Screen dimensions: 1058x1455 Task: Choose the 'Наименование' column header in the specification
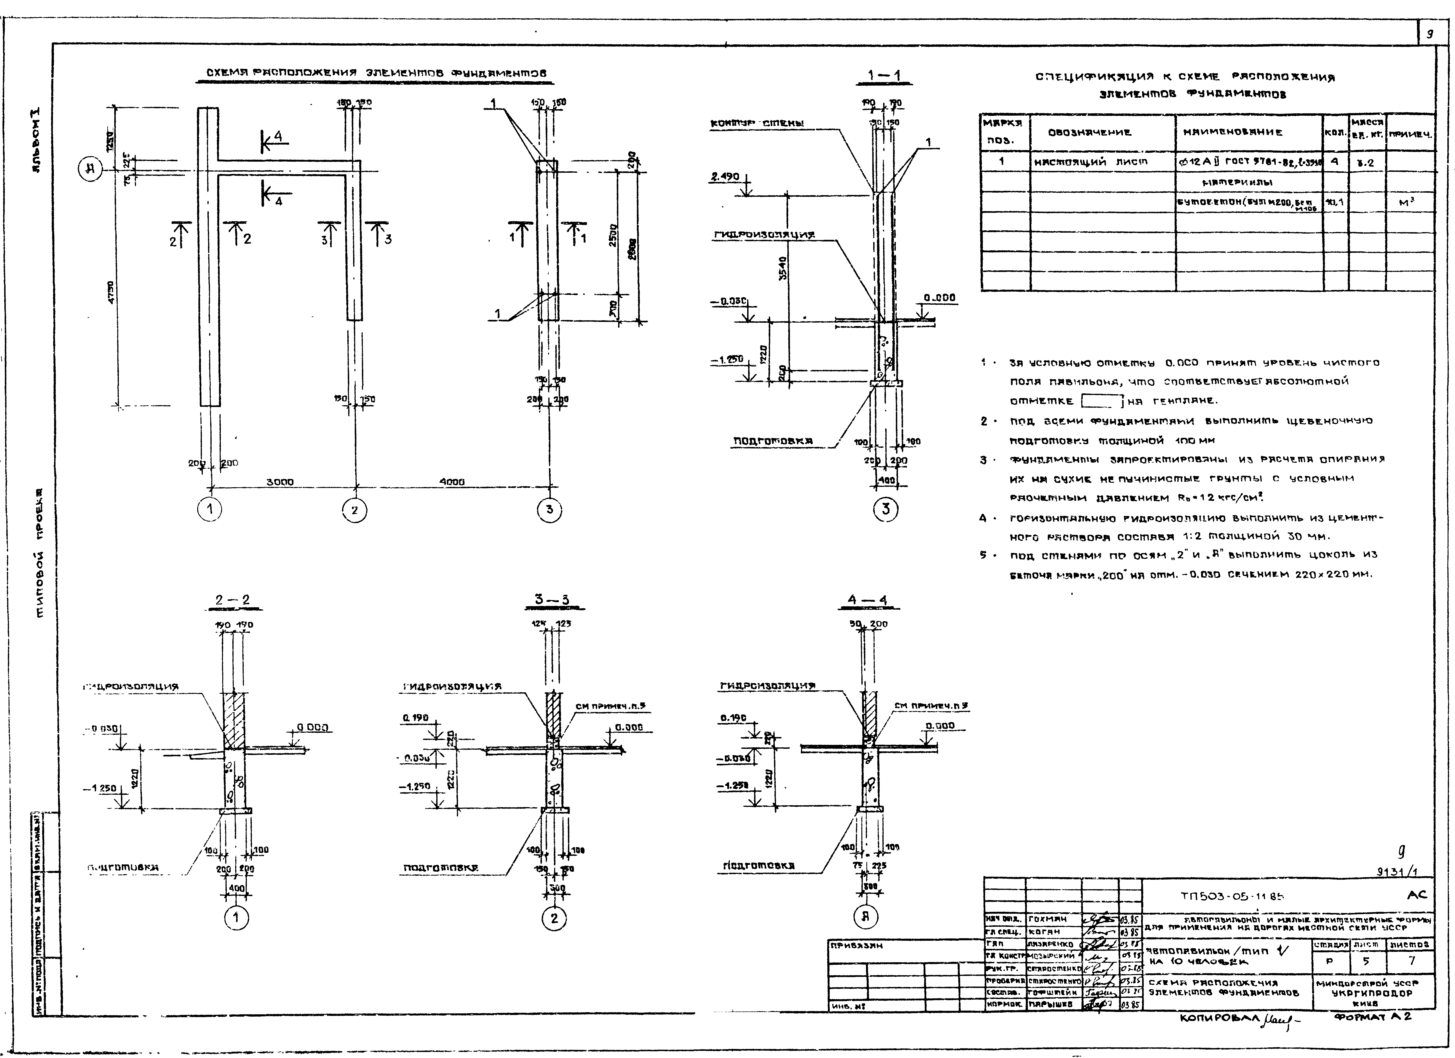1238,133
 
